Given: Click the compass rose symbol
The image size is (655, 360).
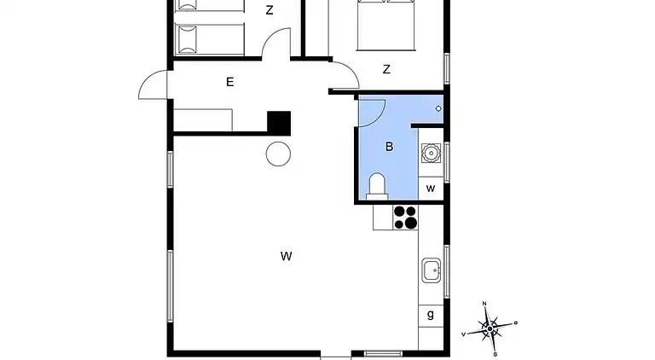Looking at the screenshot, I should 490,328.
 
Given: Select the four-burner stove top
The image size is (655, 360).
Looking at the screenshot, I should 405,218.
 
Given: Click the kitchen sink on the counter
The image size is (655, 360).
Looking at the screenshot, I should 432,272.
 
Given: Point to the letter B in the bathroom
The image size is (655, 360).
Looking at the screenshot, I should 389,147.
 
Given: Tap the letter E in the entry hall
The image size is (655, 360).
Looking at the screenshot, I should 229,83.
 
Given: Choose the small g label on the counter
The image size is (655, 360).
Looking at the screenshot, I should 431,314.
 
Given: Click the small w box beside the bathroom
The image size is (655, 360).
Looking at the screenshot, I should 431,188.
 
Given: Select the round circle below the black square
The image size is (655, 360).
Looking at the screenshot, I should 279,154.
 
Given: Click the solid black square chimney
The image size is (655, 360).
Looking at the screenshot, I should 279,122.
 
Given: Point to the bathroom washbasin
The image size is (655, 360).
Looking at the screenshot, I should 432,154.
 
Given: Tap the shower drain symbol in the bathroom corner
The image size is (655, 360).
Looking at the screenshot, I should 438,108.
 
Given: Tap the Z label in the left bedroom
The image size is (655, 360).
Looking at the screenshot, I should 270,11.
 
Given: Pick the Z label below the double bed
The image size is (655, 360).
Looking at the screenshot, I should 386,70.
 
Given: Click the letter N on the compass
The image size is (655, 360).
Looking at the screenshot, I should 484,304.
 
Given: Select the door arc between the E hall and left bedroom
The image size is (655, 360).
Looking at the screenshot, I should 276,44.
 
